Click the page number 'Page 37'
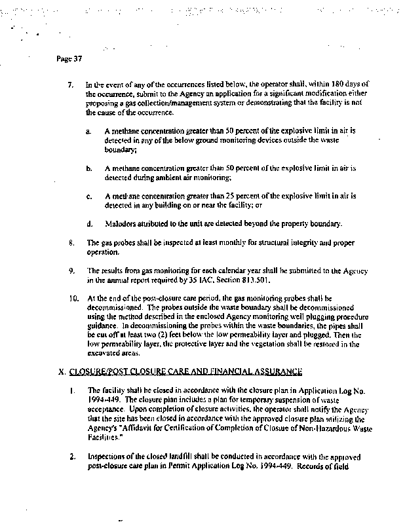69,60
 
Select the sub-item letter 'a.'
88,131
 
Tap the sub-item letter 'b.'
88,168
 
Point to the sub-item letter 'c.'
88,196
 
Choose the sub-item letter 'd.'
88,223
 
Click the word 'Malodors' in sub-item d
118,223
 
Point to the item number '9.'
71,270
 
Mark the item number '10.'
72,297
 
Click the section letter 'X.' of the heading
63,371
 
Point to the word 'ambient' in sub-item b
172,178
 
